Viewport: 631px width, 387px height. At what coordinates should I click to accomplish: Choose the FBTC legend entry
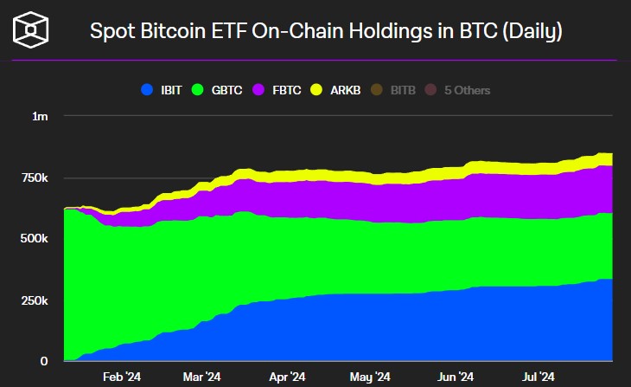280,89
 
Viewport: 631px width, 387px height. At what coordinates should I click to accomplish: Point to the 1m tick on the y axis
41,116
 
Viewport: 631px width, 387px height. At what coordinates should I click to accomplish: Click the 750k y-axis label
35,177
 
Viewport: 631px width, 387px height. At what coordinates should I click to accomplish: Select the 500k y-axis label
35,238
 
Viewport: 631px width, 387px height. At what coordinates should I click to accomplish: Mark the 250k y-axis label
35,300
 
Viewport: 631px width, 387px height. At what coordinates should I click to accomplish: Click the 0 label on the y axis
46,361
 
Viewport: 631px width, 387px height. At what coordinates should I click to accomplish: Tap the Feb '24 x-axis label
121,377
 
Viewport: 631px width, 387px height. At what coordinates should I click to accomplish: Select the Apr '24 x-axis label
287,377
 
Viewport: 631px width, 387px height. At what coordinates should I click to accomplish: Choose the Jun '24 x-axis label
455,377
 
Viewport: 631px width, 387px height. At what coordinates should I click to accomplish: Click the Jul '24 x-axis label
539,377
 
